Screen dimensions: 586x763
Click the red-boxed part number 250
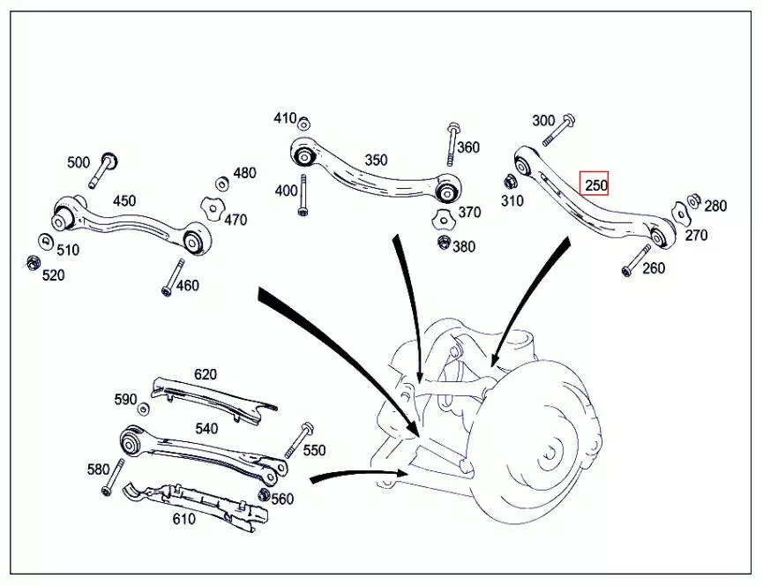[x=595, y=184]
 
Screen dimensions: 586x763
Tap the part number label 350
[x=376, y=161]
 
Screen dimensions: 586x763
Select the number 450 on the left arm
[x=124, y=200]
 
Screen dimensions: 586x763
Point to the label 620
[x=205, y=374]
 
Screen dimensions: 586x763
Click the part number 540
[x=206, y=429]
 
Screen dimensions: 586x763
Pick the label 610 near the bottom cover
[x=183, y=519]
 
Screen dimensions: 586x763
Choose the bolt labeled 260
[x=633, y=260]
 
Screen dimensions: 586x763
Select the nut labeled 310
[x=510, y=183]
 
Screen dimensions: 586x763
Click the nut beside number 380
[x=443, y=241]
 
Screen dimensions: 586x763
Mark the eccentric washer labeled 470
[x=209, y=208]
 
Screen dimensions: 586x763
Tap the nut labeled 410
[x=303, y=123]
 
